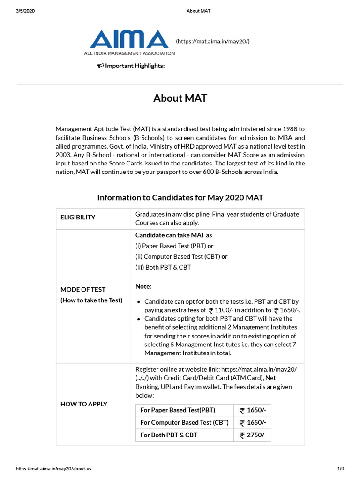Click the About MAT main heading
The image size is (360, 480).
pos(180,98)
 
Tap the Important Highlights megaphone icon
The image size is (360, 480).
pos(100,66)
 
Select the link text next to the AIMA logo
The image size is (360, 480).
pos(212,41)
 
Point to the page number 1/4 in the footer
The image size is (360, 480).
pos(341,468)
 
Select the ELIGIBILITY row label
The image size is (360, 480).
pos(78,217)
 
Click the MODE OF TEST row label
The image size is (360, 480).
pos(83,290)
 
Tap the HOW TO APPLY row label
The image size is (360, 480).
pos(84,404)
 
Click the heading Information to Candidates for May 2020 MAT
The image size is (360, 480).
pos(180,198)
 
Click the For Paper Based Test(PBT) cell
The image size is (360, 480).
pos(178,410)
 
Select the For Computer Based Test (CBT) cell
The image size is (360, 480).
pos(184,423)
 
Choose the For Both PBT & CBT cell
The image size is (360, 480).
pos(169,435)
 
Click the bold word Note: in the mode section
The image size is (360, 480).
pos(143,286)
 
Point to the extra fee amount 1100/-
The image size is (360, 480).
pos(225,310)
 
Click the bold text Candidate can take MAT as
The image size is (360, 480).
pos(173,235)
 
